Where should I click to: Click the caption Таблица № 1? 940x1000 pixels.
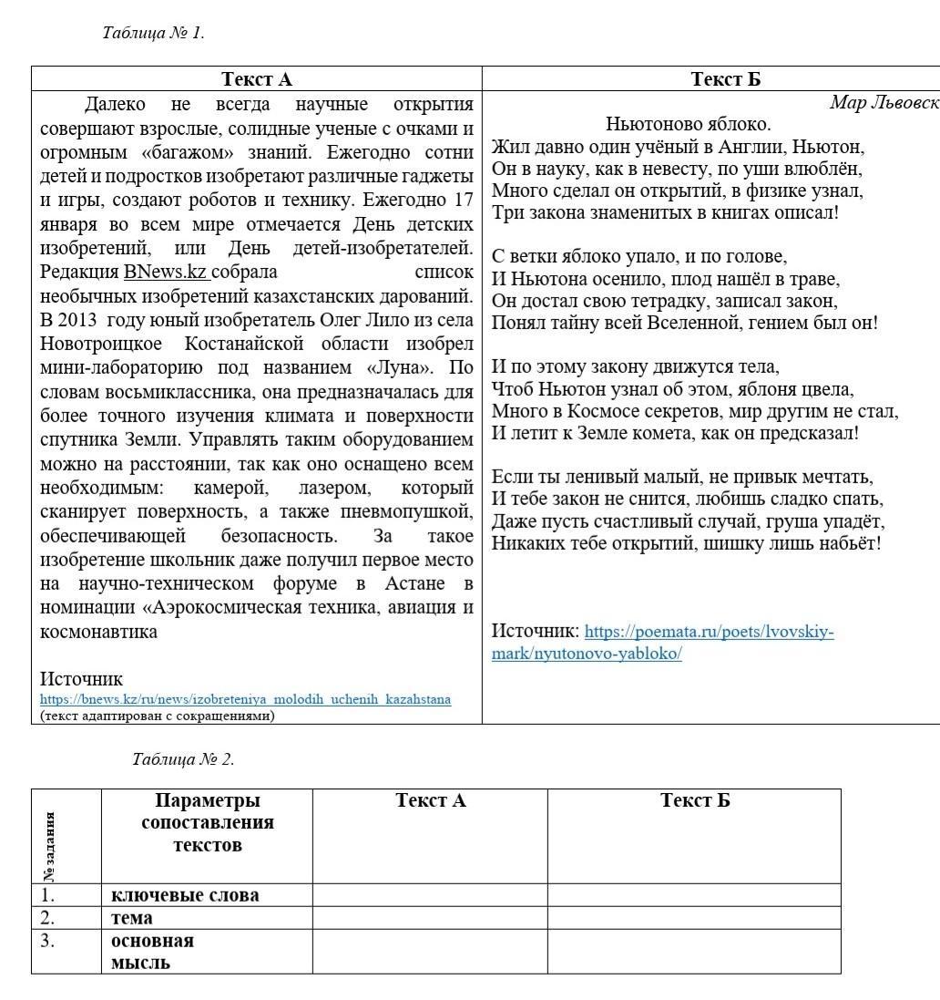[x=153, y=33]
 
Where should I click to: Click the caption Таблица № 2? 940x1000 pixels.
[x=183, y=758]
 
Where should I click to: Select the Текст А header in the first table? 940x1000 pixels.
[x=257, y=79]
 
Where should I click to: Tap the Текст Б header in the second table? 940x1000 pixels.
[x=695, y=800]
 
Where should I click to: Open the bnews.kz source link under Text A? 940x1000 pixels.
[x=245, y=699]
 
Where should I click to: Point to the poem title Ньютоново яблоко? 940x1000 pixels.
[x=688, y=124]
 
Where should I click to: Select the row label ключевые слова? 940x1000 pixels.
[x=185, y=895]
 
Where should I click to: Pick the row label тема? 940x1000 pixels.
[x=132, y=918]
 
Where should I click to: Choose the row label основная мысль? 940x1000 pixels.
[x=152, y=951]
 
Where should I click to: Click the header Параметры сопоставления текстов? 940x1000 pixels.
[x=208, y=822]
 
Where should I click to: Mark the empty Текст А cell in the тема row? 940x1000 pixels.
[x=430, y=918]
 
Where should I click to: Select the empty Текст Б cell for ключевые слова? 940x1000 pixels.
[x=694, y=895]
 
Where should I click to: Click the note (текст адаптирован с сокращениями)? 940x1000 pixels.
[x=157, y=716]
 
